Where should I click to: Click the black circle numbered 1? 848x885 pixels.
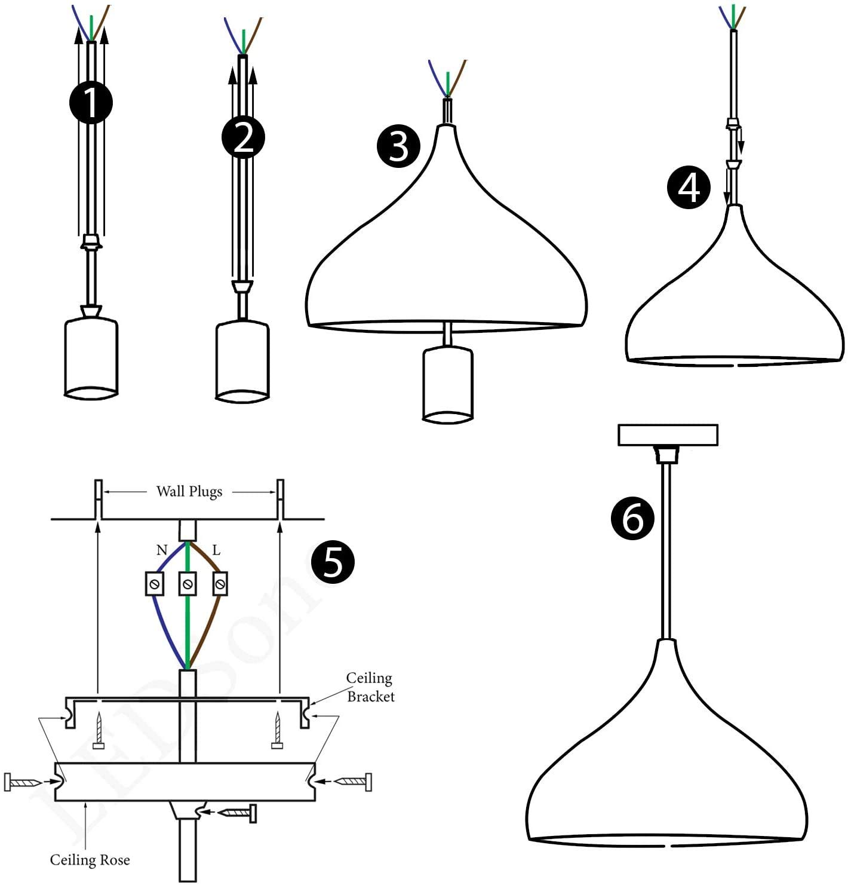[x=91, y=102]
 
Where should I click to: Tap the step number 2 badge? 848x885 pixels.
[x=243, y=138]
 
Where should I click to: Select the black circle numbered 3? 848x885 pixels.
[x=398, y=146]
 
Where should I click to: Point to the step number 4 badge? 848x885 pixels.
[x=689, y=188]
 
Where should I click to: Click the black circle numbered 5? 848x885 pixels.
[x=333, y=562]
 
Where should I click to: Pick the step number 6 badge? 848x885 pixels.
[x=633, y=518]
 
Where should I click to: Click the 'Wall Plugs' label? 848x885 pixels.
[x=189, y=492]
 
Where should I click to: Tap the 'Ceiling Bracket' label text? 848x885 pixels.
[x=370, y=687]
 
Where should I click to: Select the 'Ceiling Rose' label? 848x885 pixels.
[x=90, y=860]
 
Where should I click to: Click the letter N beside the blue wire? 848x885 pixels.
[x=162, y=550]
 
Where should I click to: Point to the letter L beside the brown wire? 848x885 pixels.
[x=216, y=550]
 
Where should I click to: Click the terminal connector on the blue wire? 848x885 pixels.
[x=155, y=583]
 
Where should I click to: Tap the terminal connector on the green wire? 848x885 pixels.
[x=188, y=583]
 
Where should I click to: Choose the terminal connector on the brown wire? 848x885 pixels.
[x=220, y=583]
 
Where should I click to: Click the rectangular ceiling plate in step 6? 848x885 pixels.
[x=668, y=435]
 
